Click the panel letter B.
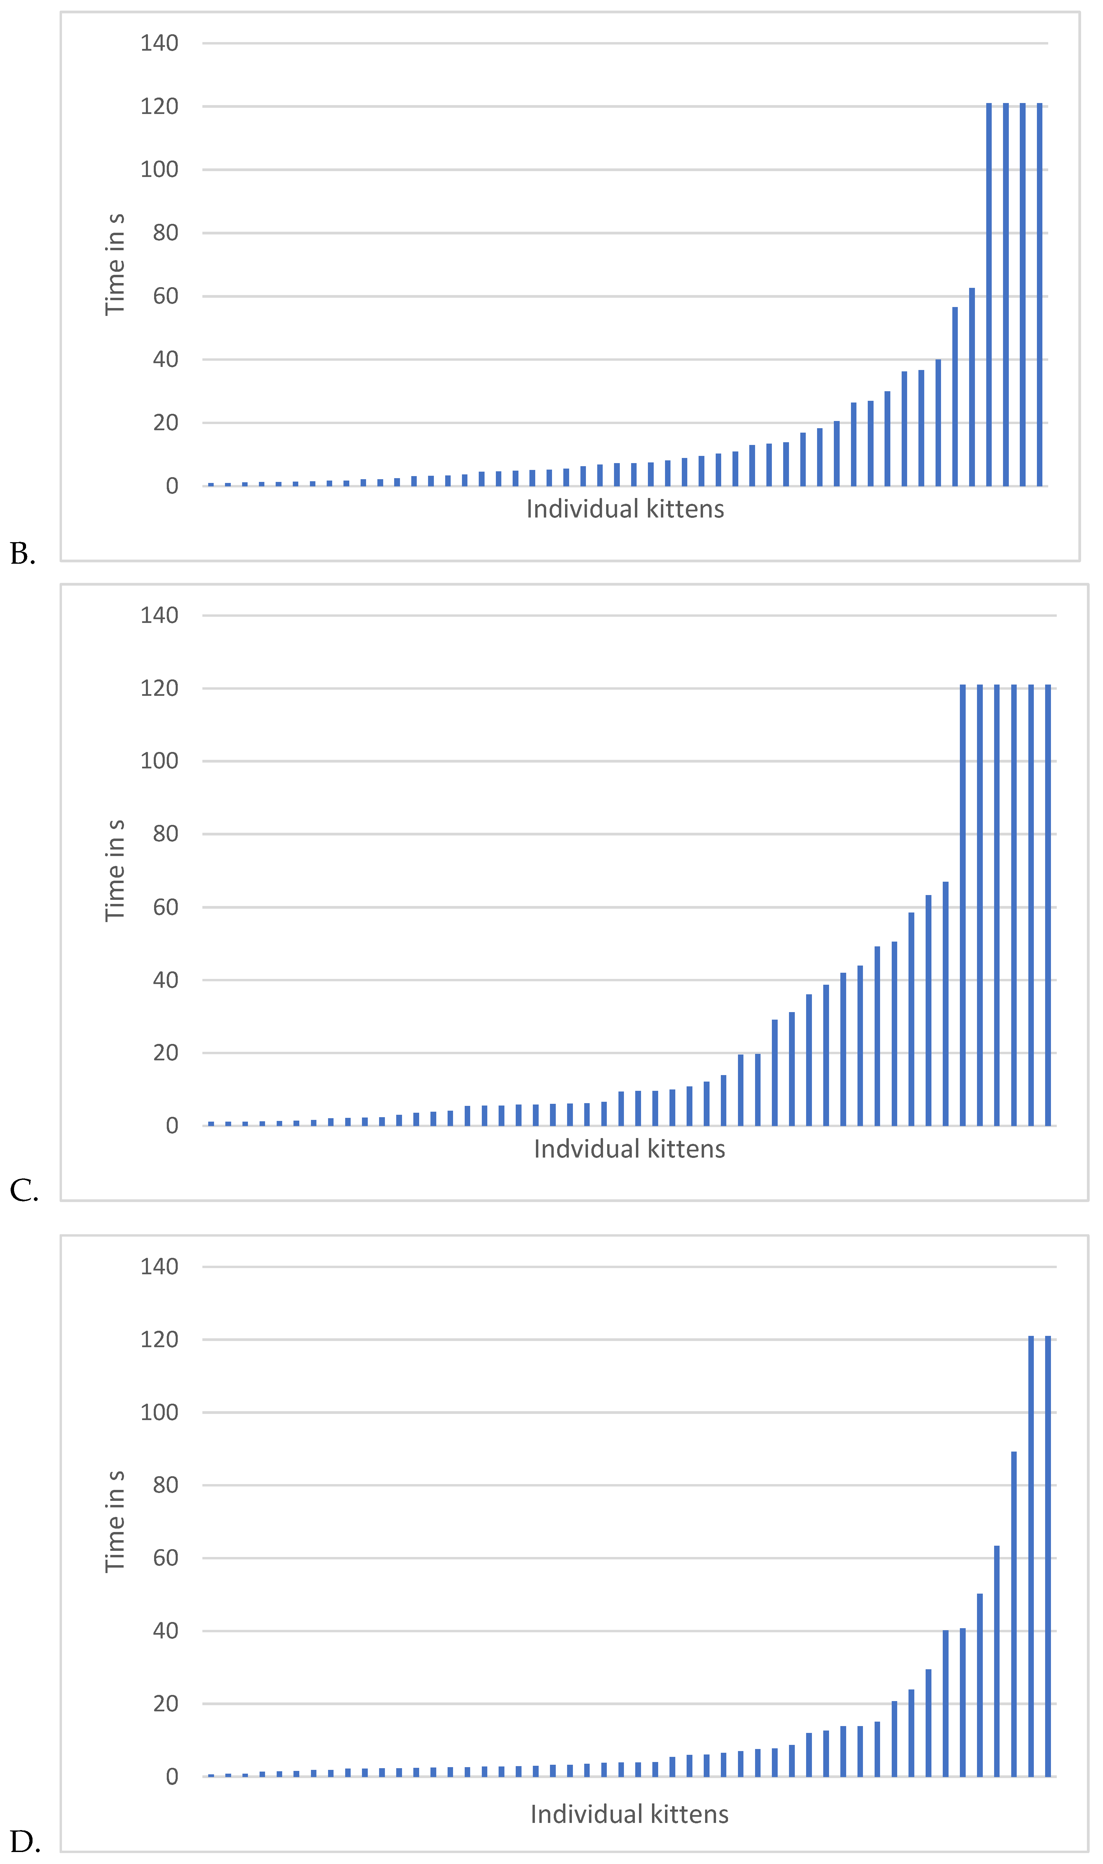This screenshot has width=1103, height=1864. pos(22,554)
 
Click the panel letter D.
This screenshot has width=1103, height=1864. pos(25,1842)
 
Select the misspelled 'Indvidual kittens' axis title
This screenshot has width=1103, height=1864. pos(629,1149)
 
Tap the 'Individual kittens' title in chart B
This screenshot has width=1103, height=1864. pos(624,509)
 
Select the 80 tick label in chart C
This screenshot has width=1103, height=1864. pos(165,833)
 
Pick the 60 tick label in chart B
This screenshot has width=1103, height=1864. pos(165,296)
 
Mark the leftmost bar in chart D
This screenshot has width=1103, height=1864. pos(211,1775)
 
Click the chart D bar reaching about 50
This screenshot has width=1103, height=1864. pos(980,1685)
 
